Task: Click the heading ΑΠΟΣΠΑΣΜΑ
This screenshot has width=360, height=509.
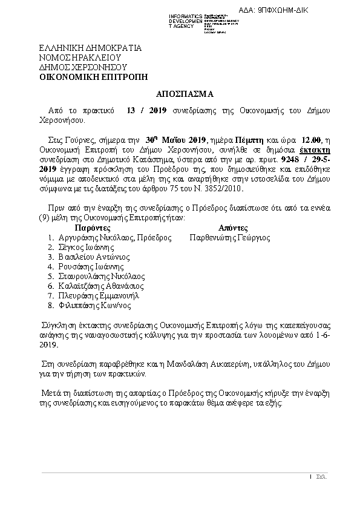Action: tap(182, 94)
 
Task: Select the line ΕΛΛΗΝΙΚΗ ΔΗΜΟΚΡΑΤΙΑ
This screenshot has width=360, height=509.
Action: tap(90, 47)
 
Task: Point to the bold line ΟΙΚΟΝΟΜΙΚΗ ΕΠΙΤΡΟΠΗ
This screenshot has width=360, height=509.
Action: tap(93, 77)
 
